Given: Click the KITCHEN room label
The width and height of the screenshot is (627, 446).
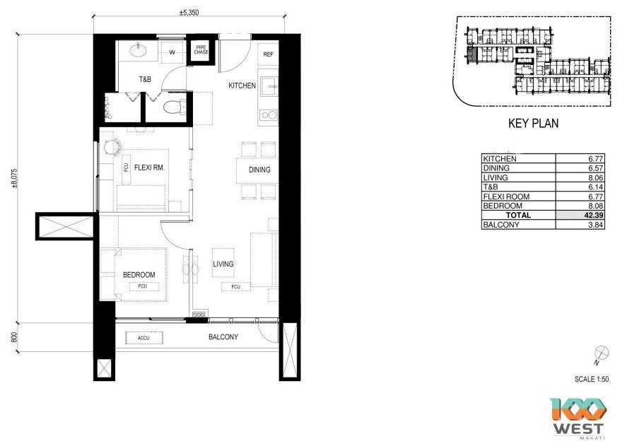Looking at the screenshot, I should point(242,86).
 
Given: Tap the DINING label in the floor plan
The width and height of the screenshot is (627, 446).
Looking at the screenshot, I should point(259,170).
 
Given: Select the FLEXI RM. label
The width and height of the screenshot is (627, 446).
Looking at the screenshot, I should point(150,168).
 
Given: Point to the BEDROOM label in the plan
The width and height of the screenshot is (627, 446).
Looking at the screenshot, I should point(139,275).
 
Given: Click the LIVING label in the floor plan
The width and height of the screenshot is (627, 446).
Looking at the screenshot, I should point(223,264).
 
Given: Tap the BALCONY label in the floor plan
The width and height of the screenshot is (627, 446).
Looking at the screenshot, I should point(223,338).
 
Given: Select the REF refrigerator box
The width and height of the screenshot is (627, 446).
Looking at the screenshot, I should point(269,54).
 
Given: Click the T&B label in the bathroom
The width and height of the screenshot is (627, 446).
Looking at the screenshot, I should point(144,79).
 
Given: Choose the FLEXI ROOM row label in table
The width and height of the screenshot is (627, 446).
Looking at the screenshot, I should point(505,196).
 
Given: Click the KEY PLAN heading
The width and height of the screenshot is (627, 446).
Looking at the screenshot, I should point(533,124).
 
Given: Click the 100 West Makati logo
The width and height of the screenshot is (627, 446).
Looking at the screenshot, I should point(578,418).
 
